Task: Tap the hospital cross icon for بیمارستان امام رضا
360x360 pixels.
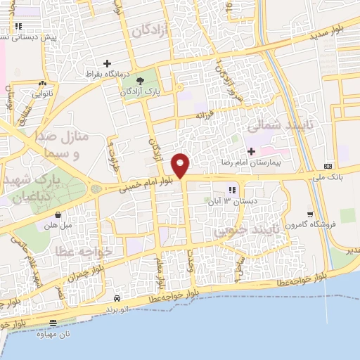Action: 251,151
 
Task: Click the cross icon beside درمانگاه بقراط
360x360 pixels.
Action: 107,63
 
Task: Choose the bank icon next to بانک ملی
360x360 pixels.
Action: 328,166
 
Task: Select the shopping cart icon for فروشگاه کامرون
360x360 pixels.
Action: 310,214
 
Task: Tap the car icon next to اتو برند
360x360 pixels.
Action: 117,298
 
